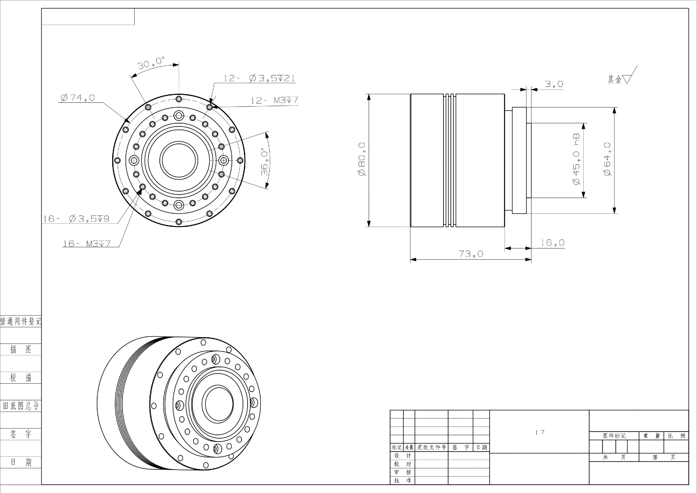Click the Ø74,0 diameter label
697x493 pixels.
[x=78, y=98]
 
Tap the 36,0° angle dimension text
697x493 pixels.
[x=265, y=162]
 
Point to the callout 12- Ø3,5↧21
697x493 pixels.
[x=259, y=78]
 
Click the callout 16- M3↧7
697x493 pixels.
[x=87, y=244]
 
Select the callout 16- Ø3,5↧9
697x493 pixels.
[x=76, y=219]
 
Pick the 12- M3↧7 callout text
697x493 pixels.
[x=275, y=100]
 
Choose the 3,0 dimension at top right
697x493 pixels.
[x=554, y=84]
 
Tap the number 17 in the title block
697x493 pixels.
[x=540, y=432]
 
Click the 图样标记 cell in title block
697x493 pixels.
[x=614, y=436]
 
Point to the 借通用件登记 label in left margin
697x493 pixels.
[x=21, y=321]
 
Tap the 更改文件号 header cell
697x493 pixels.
[x=431, y=447]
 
